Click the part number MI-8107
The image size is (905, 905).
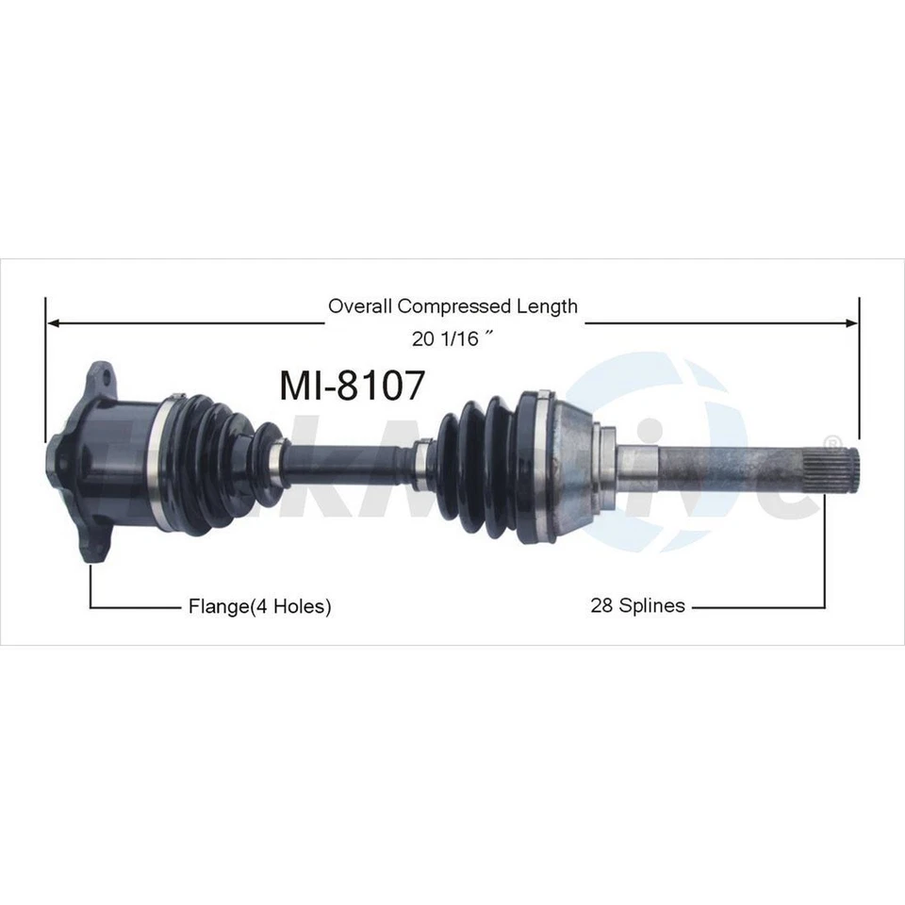coord(353,385)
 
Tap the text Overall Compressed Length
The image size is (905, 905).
coord(452,305)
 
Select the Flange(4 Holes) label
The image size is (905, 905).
coord(260,606)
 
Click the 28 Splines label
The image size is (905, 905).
coord(637,606)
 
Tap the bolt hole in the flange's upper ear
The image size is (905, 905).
coord(105,380)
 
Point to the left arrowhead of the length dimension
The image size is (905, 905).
coord(53,323)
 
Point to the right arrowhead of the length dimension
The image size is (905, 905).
coord(852,323)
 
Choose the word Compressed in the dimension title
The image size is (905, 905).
coord(456,305)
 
